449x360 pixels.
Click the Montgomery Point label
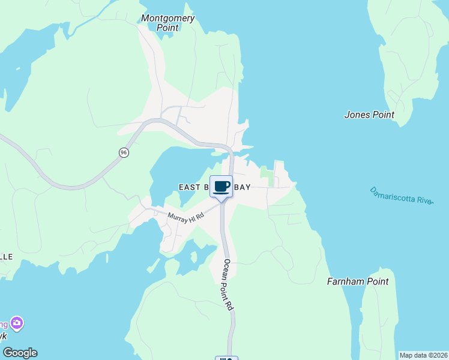tap(167, 23)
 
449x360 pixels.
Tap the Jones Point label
tap(369, 115)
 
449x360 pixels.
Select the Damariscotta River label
tap(401, 196)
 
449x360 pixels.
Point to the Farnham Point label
tap(358, 281)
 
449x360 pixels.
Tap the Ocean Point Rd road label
tap(228, 284)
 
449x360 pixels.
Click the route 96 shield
tap(124, 152)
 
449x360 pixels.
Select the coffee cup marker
tap(221, 187)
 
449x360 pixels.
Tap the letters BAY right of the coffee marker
tap(243, 187)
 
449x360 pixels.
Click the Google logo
tap(20, 353)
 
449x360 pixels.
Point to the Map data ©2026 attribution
tap(423, 355)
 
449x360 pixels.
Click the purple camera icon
tap(17, 323)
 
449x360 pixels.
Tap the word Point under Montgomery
tap(167, 28)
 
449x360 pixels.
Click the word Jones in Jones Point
tap(356, 115)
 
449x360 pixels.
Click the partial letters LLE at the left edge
tap(6, 256)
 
